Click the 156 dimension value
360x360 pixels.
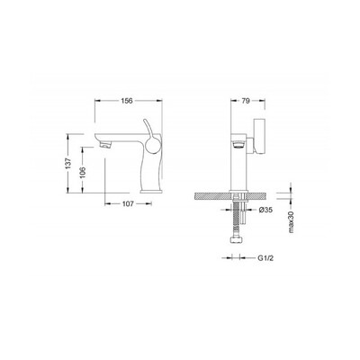tap(127, 101)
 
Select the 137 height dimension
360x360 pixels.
tap(69, 163)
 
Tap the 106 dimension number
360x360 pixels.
tap(84, 173)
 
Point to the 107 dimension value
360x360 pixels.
tap(128, 204)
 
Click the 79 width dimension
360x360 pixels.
tap(246, 101)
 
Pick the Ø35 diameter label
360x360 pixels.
tap(265, 211)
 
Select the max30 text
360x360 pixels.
tap(290, 221)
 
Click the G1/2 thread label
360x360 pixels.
tap(265, 258)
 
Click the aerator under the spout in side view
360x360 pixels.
tap(105, 146)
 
